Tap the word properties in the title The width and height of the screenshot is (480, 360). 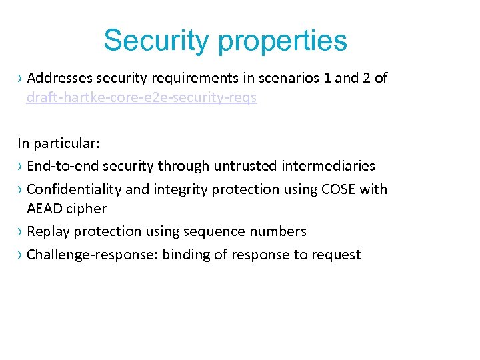coord(283,41)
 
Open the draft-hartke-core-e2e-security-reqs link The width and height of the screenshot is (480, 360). coord(141,98)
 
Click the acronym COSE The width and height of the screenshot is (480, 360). coord(338,189)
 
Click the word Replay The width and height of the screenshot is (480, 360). coord(49,231)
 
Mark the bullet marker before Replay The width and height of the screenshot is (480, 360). coord(21,231)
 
